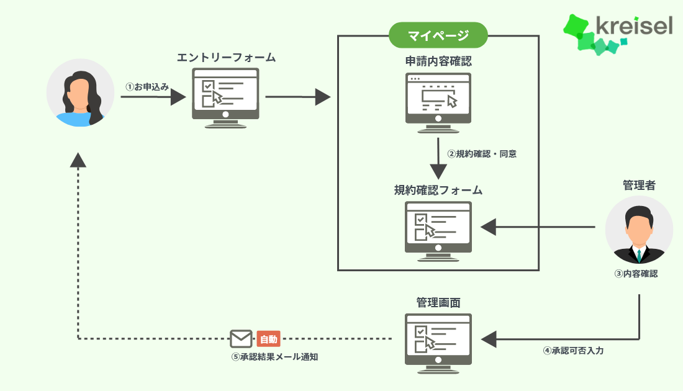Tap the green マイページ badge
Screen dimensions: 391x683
438,35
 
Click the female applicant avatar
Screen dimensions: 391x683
80,93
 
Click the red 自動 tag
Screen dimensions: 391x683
268,339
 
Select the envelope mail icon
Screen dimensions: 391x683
241,339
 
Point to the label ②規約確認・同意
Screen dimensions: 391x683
482,154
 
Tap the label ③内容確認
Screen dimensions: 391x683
640,272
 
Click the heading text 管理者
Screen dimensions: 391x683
639,185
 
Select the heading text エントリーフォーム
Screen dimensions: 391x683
226,58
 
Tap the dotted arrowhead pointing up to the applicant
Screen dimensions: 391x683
78,160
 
